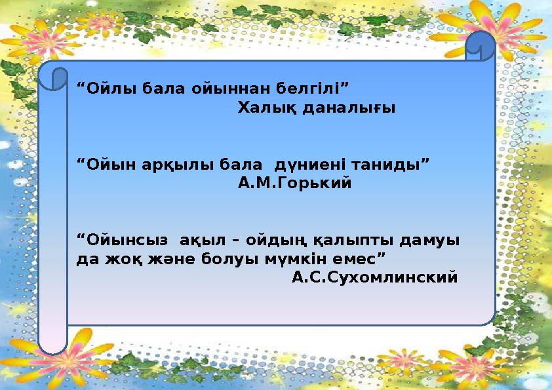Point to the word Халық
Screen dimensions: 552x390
coord(267,107)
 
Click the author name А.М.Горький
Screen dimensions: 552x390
coord(294,183)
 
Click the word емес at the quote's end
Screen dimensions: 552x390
coord(355,260)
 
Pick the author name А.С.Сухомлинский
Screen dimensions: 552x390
coord(374,278)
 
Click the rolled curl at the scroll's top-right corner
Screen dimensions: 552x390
coord(480,46)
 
